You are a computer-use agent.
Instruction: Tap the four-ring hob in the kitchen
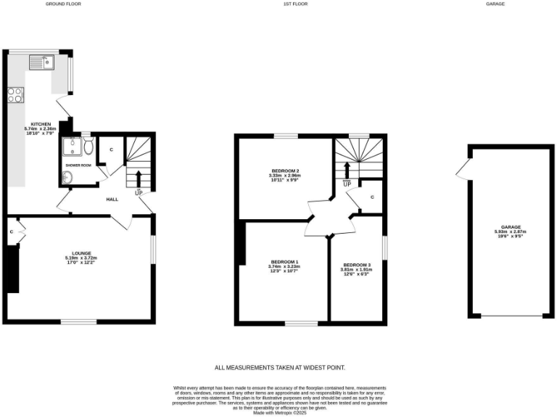click(15, 94)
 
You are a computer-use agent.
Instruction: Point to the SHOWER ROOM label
click(78, 165)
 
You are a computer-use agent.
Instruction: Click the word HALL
click(112, 199)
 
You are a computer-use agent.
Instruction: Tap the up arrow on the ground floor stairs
click(138, 179)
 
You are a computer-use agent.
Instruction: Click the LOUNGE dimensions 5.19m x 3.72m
click(81, 258)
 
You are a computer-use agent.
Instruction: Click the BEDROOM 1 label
click(284, 261)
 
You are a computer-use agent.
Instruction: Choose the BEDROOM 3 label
click(357, 265)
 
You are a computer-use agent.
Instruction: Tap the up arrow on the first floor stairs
click(347, 170)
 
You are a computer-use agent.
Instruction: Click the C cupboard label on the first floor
click(371, 197)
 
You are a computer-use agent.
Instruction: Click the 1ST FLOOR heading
click(294, 4)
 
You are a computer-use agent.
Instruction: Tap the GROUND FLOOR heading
click(63, 4)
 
